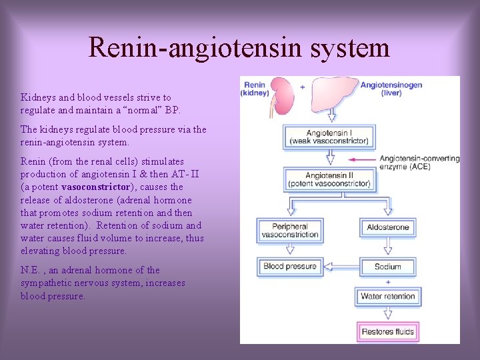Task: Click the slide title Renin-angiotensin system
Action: (x=239, y=47)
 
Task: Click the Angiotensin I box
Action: (x=329, y=137)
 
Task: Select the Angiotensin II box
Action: (x=329, y=178)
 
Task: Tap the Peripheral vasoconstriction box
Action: (x=290, y=231)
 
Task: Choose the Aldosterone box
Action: (x=388, y=227)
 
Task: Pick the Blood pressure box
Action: (x=290, y=267)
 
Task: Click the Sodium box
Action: (x=388, y=267)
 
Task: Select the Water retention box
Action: (x=388, y=296)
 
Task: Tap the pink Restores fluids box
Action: (x=388, y=331)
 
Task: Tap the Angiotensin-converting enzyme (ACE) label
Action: (x=419, y=163)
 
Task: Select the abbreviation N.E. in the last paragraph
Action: (x=31, y=270)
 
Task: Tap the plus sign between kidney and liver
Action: (x=303, y=87)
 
